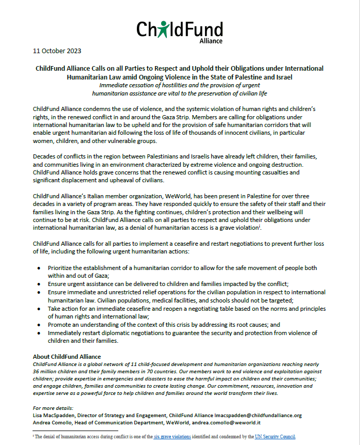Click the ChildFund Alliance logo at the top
coord(179,30)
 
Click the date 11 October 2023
coord(57,51)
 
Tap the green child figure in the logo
coord(164,29)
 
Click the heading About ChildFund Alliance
coord(67,357)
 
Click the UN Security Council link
coord(275,436)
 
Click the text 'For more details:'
coord(53,408)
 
